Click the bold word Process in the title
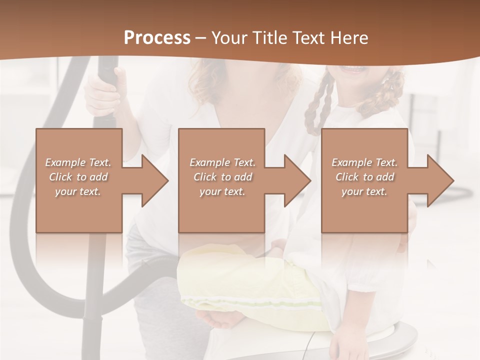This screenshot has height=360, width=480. (x=157, y=38)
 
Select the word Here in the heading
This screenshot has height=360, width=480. (x=349, y=38)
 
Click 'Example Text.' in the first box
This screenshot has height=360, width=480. (x=78, y=162)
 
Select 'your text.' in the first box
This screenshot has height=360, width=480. (x=78, y=191)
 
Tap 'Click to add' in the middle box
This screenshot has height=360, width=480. (x=222, y=177)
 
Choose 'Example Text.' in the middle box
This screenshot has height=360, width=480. (x=222, y=162)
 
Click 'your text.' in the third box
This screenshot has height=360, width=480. (x=364, y=191)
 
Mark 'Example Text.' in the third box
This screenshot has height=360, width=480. (x=364, y=162)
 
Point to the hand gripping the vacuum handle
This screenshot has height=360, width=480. (x=104, y=92)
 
